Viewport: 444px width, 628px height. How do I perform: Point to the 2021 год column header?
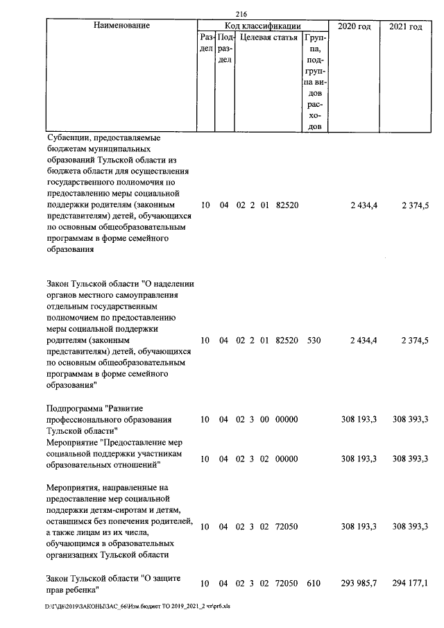click(405, 26)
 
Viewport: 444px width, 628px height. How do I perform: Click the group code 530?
click(314, 341)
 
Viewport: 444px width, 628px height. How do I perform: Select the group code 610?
click(314, 584)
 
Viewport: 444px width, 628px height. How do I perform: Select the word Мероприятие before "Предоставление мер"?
click(73, 441)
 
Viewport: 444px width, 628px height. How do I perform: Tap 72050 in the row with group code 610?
click(287, 584)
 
